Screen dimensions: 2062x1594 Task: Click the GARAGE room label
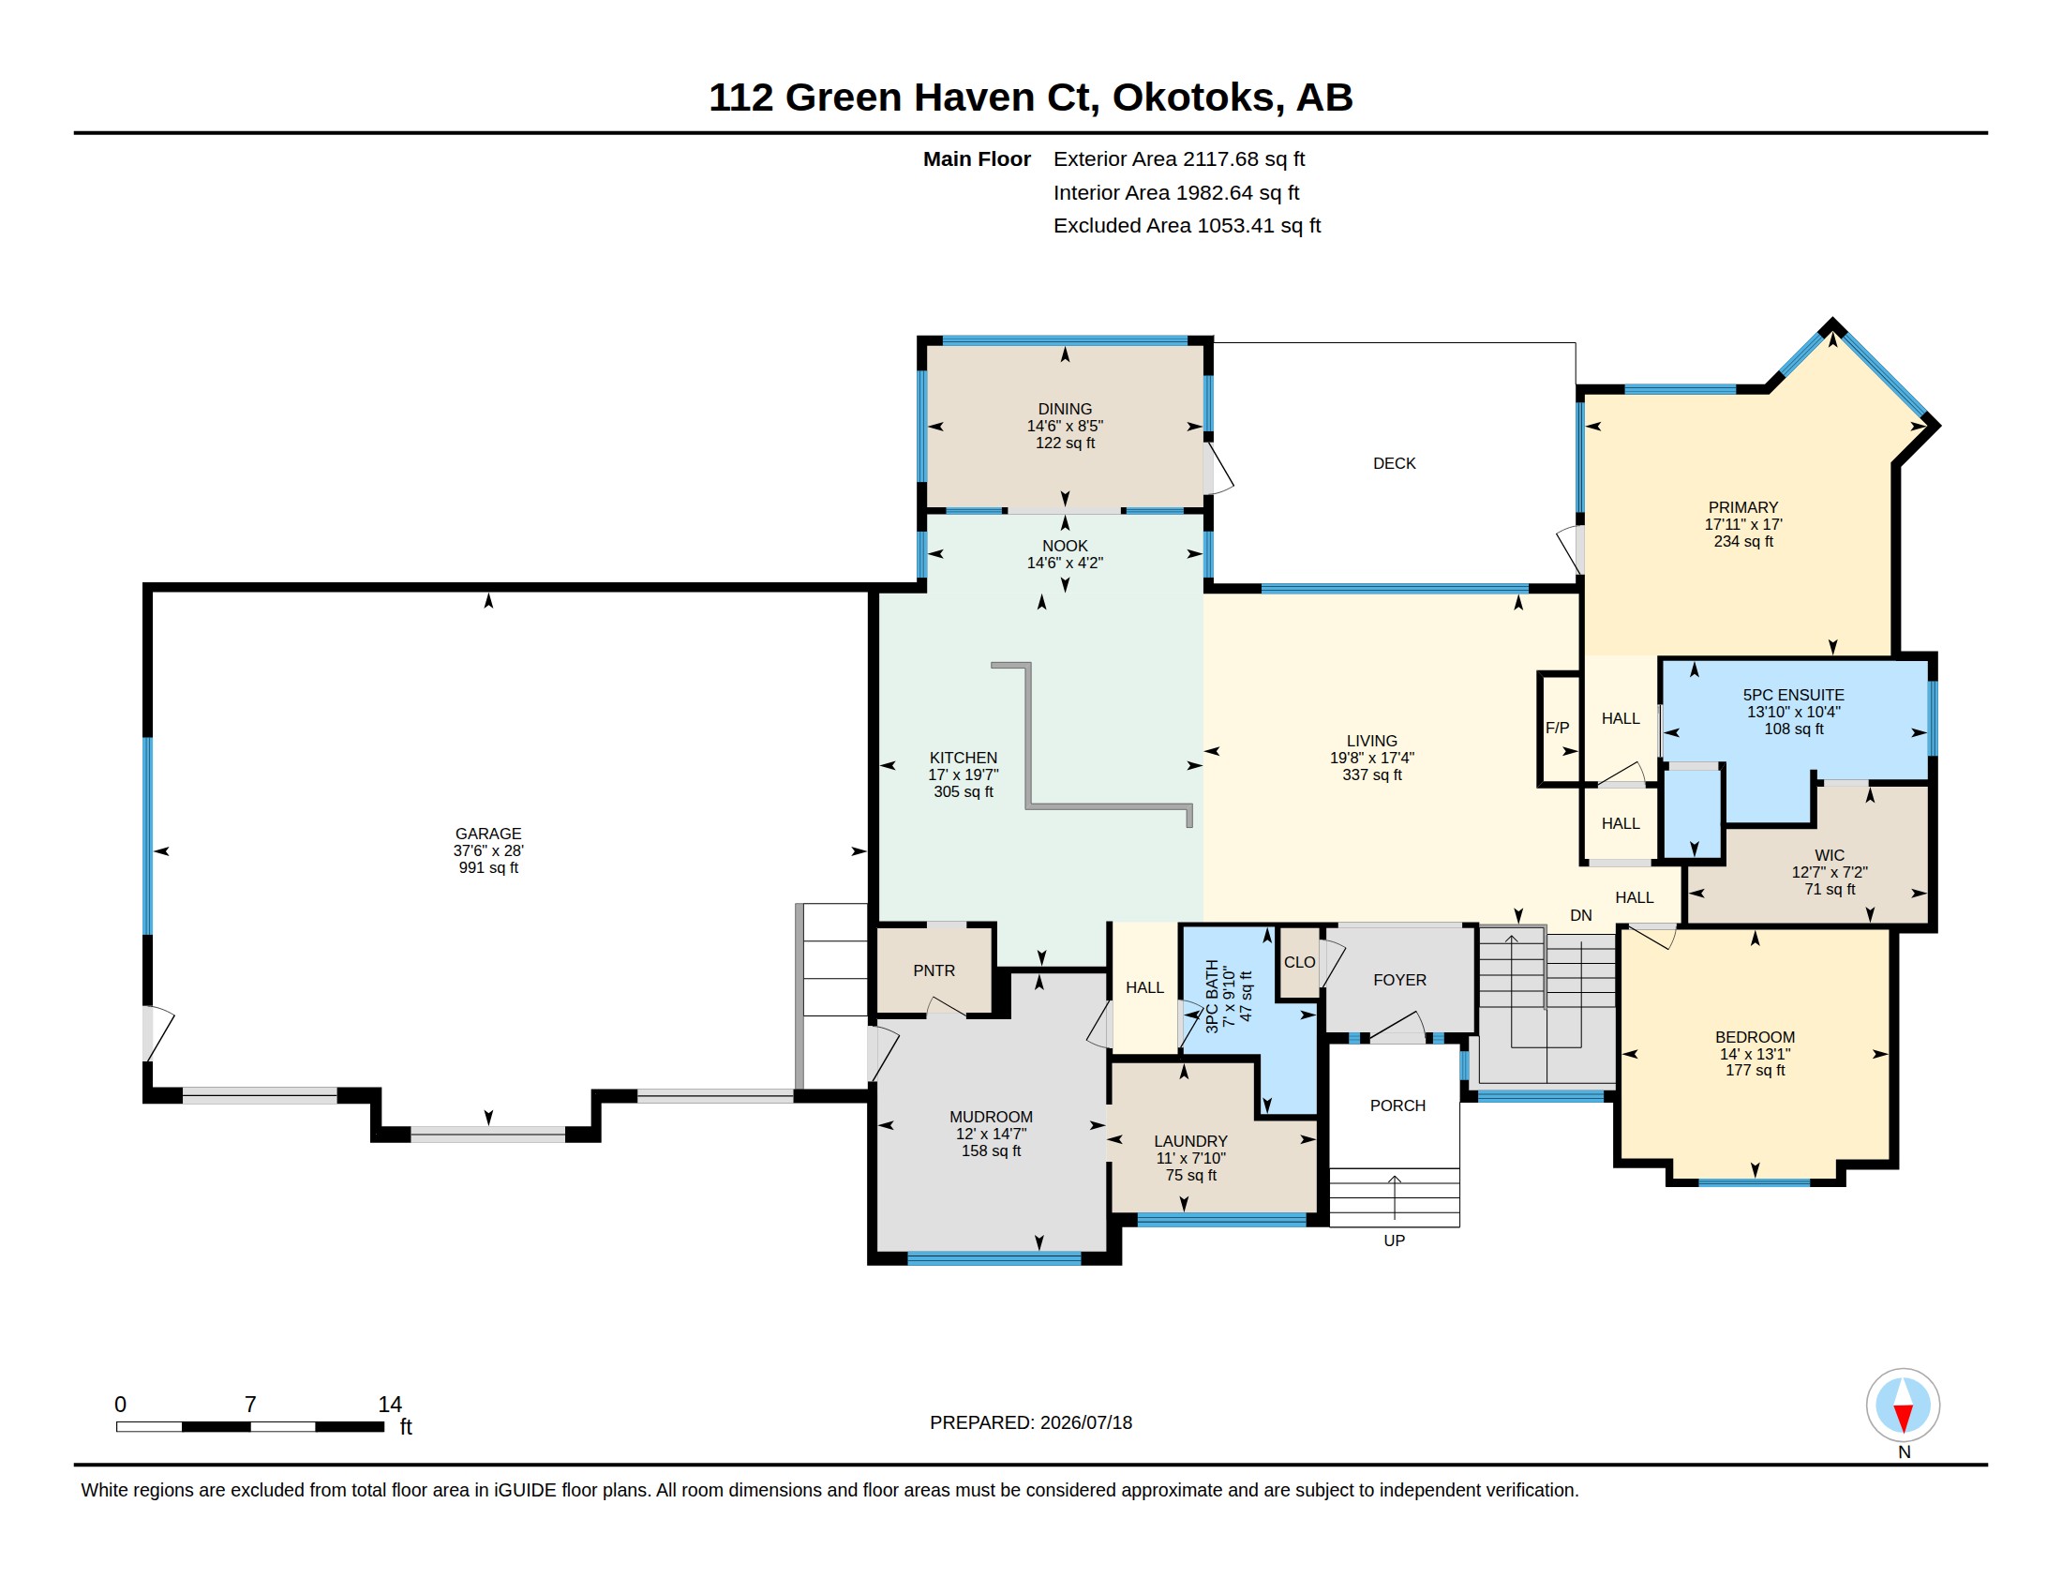tap(488, 834)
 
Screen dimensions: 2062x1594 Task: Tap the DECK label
tap(1395, 463)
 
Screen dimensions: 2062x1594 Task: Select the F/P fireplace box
tap(1559, 728)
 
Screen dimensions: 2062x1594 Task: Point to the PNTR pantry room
tap(934, 970)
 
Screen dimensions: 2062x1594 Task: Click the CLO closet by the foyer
tap(1299, 962)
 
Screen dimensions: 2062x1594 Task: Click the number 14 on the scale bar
tap(390, 1405)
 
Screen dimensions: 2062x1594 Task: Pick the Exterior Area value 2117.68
tap(1220, 158)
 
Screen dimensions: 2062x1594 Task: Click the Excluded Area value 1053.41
tap(1235, 226)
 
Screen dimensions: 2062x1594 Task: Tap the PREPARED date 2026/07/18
tap(1085, 1422)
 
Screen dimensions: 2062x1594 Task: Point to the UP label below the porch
tap(1395, 1241)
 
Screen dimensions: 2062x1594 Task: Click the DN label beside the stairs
tap(1581, 915)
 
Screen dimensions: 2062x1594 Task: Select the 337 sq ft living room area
tap(1372, 775)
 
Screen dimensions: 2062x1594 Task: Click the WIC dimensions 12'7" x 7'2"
tap(1830, 873)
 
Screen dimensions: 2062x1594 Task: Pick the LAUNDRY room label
tap(1190, 1142)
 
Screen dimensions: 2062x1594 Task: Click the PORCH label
tap(1398, 1105)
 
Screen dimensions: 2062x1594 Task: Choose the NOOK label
tap(1065, 546)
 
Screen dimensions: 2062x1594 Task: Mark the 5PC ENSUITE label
tap(1794, 695)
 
